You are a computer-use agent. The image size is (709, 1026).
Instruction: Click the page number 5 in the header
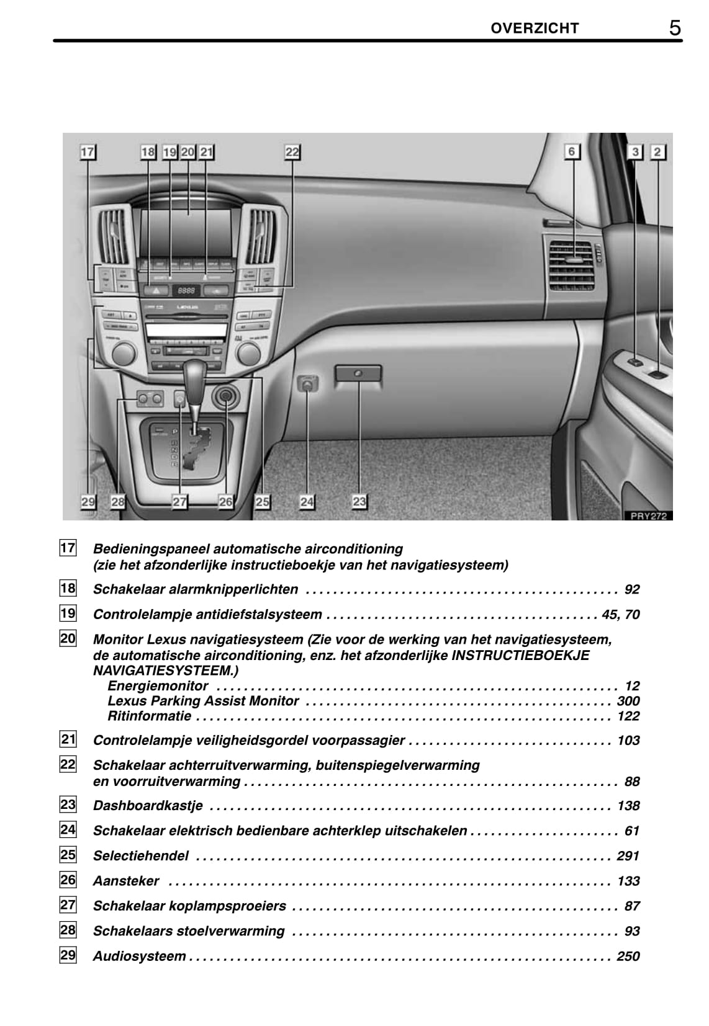click(674, 28)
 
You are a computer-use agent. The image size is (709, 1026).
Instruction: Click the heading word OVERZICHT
click(535, 28)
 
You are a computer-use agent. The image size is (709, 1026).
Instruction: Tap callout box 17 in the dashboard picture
click(88, 152)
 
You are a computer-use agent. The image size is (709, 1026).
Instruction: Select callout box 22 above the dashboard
click(292, 152)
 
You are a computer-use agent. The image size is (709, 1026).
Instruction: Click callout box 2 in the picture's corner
click(658, 151)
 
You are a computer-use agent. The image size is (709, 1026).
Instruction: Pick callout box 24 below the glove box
click(307, 501)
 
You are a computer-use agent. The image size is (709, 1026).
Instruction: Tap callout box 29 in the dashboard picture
click(88, 501)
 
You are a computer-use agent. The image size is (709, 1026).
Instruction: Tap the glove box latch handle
click(358, 374)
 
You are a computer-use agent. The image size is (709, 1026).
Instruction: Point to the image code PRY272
click(648, 515)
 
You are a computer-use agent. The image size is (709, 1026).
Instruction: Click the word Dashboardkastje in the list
click(148, 806)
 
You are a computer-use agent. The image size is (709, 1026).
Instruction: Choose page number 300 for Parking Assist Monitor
click(628, 701)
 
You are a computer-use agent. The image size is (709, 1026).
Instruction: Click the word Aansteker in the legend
click(126, 881)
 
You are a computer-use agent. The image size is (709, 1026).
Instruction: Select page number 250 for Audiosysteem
click(628, 956)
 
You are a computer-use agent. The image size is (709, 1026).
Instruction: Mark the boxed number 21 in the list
click(68, 739)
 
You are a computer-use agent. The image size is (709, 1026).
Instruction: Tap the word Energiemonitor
click(158, 685)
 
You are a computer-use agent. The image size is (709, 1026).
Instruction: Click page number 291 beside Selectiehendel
click(628, 856)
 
